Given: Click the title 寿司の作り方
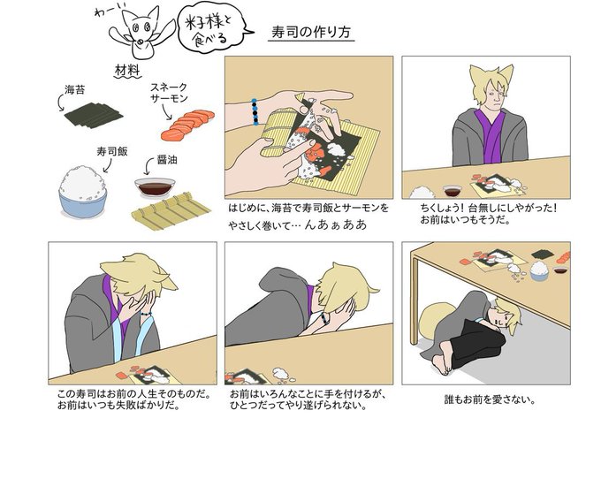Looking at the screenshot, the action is [311, 32].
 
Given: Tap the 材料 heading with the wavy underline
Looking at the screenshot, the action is [127, 71].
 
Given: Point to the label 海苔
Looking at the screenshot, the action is [74, 90].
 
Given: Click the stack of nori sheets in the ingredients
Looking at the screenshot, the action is [93, 115].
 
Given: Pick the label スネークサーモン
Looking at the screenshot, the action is [169, 93].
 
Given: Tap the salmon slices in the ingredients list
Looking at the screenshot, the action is [187, 125].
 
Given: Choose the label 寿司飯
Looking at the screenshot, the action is [112, 152].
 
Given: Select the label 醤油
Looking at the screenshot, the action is [167, 160].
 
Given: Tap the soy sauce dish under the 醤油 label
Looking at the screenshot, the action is [155, 187].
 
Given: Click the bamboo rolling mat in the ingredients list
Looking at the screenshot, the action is [171, 211].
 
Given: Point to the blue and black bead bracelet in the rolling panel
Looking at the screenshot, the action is [255, 112].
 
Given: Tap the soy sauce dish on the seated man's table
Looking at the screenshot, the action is [453, 190].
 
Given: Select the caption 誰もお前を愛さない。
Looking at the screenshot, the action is [490, 399].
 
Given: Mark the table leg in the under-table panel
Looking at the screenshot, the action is [414, 300].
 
